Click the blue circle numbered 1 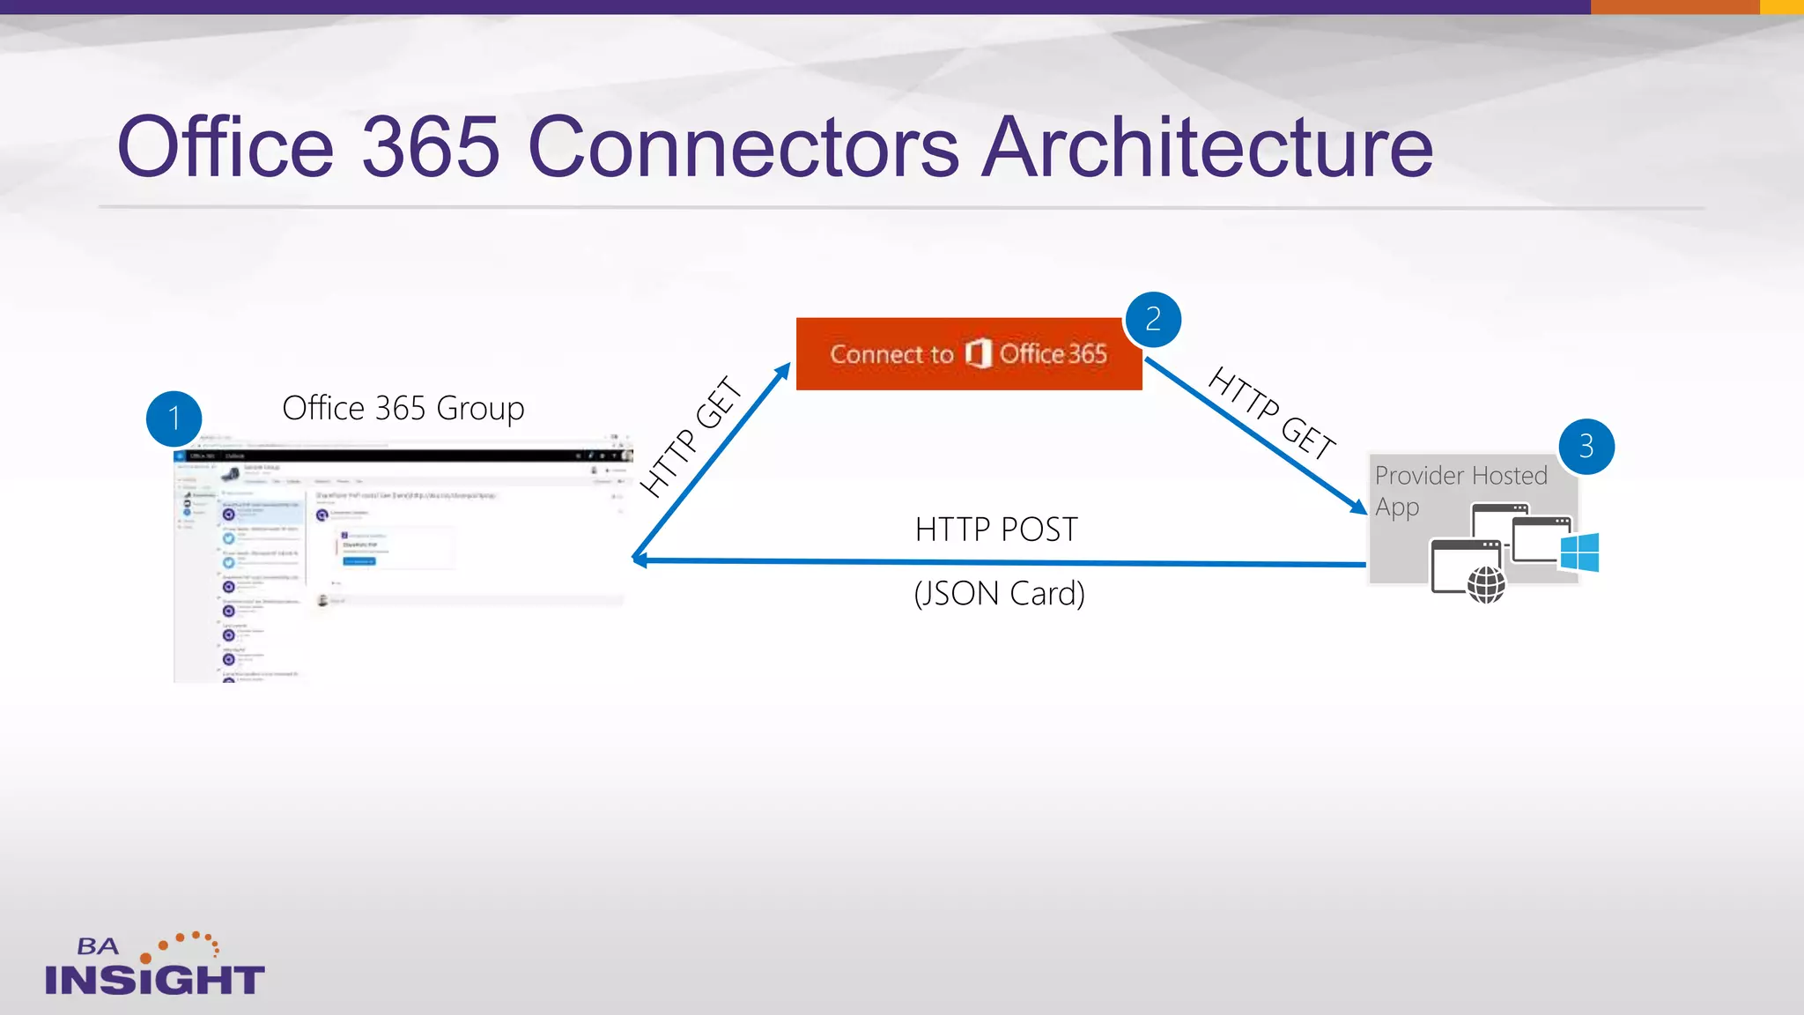174,419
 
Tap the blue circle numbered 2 1152,319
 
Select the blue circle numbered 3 1586,446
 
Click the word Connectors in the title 743,147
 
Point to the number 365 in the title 431,147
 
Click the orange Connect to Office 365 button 969,354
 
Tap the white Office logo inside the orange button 978,353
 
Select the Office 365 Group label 403,408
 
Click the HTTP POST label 996,530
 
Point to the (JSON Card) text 999,594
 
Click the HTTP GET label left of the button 691,436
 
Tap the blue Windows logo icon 1579,553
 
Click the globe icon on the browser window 1486,585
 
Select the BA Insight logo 154,967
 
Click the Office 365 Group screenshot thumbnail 401,559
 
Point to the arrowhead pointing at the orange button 784,370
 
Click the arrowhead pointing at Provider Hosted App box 1359,507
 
